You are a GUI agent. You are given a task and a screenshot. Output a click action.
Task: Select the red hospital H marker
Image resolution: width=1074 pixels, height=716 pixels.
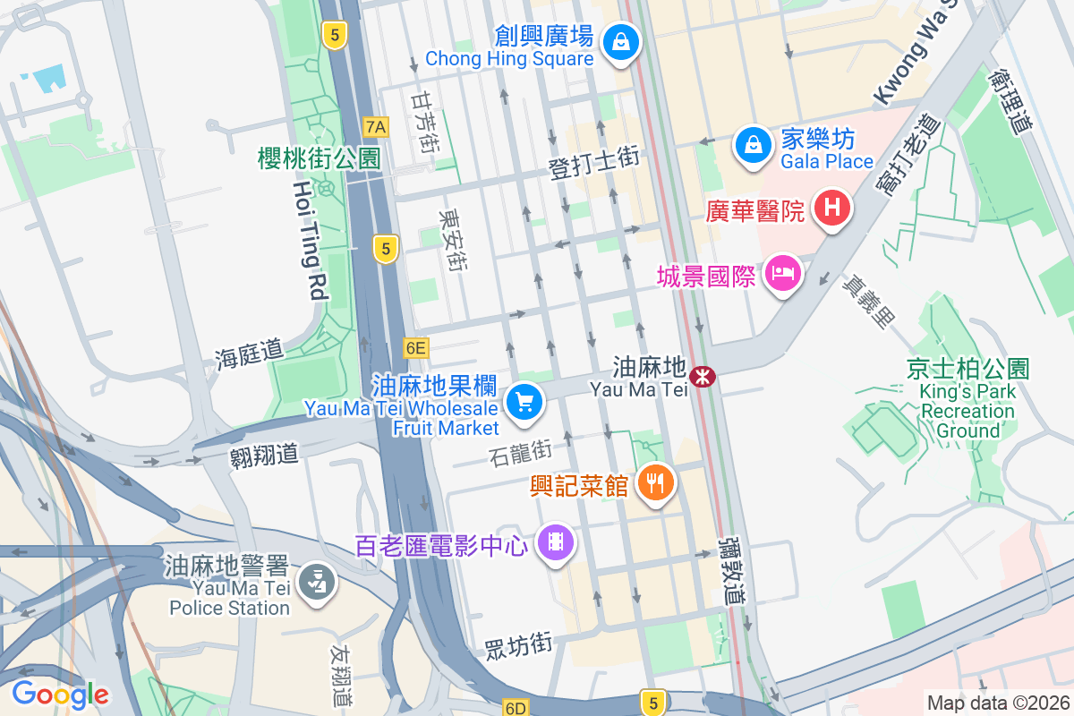pyautogui.click(x=831, y=209)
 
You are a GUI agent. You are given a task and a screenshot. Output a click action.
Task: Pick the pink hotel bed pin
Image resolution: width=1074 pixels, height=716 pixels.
pyautogui.click(x=784, y=272)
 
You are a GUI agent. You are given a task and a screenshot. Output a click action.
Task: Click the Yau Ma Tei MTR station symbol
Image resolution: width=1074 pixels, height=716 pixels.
pyautogui.click(x=703, y=377)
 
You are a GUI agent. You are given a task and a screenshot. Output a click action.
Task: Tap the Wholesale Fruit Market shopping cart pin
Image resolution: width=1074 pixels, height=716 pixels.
pyautogui.click(x=524, y=403)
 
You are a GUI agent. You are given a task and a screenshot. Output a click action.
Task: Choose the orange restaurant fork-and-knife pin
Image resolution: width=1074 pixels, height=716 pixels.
pyautogui.click(x=656, y=483)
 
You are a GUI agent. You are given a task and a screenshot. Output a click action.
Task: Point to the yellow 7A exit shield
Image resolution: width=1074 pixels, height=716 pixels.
pyautogui.click(x=376, y=127)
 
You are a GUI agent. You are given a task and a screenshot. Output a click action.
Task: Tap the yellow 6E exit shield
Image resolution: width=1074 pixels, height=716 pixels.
pyautogui.click(x=416, y=348)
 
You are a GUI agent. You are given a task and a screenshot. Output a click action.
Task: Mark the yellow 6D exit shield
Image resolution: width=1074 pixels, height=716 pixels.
pyautogui.click(x=515, y=708)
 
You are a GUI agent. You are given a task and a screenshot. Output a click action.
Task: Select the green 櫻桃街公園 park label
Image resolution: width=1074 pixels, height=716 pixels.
pyautogui.click(x=319, y=159)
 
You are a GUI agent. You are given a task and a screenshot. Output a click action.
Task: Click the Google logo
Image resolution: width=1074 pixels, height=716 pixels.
pyautogui.click(x=60, y=694)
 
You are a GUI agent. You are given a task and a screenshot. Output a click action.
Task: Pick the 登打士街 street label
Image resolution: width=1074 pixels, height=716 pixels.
pyautogui.click(x=593, y=163)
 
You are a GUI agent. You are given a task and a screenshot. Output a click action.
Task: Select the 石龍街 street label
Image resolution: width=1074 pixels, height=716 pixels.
pyautogui.click(x=521, y=454)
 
